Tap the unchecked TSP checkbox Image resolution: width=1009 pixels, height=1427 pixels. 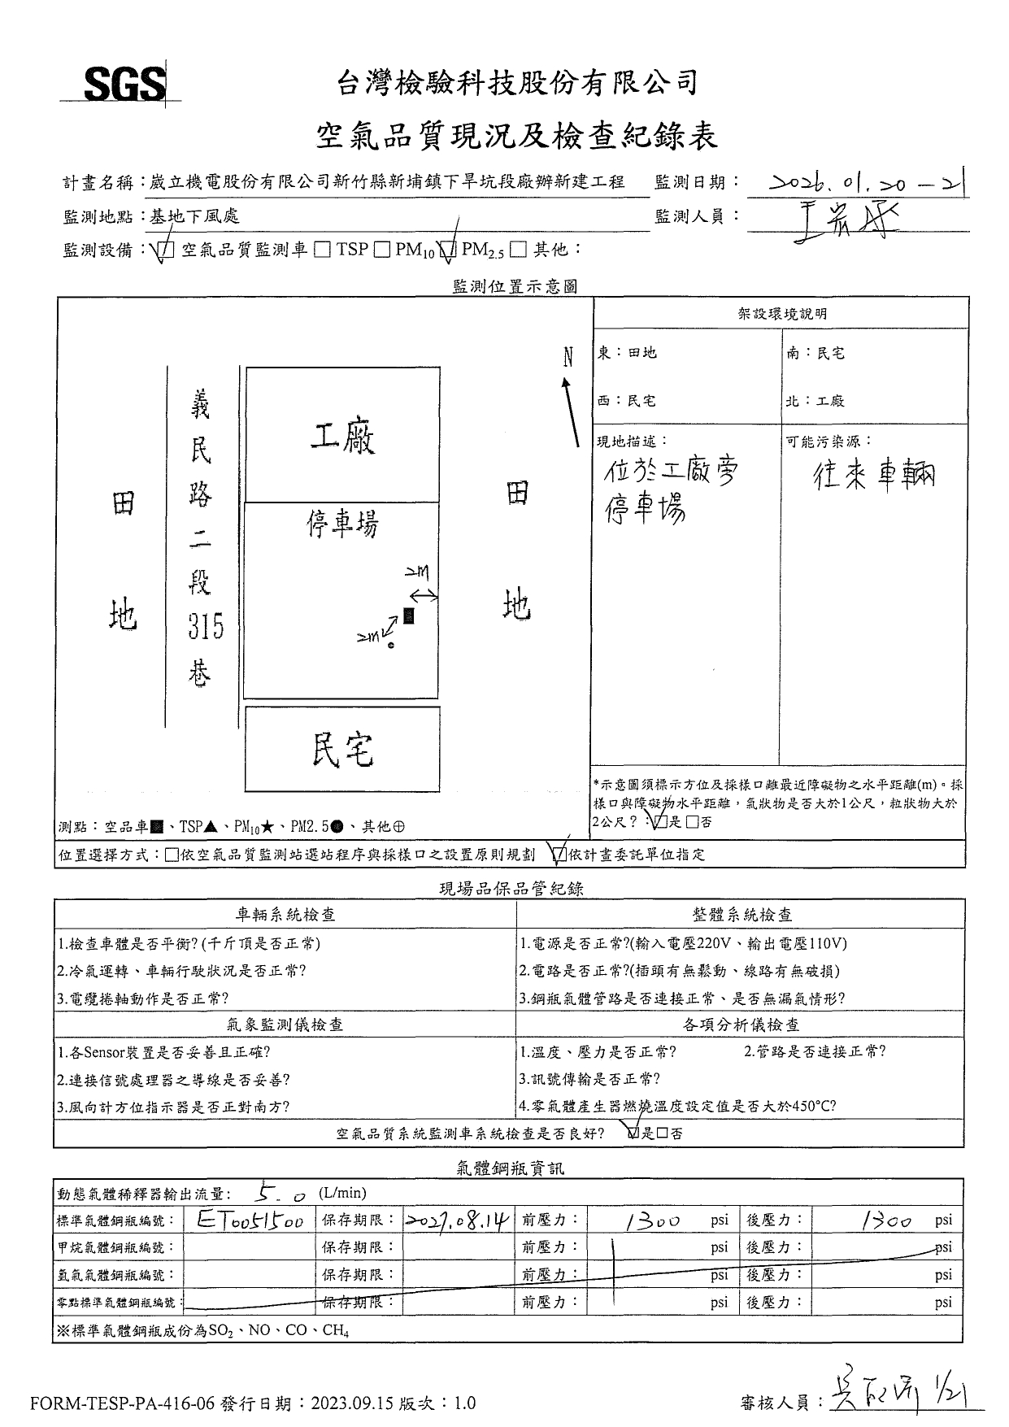point(322,250)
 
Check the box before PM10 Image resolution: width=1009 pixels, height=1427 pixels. point(381,250)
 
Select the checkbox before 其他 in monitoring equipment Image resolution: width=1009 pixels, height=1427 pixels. point(518,250)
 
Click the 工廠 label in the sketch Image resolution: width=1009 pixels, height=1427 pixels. point(342,439)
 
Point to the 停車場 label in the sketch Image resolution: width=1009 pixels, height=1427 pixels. point(342,524)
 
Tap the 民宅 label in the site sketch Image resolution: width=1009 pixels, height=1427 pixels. point(342,750)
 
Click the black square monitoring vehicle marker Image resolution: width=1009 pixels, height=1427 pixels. point(409,616)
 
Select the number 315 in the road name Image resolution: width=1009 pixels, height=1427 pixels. point(206,627)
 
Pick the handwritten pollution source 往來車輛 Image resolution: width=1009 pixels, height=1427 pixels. point(874,475)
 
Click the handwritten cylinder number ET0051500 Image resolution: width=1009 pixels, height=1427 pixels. point(250,1220)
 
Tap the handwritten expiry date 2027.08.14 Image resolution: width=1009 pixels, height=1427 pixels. point(458,1220)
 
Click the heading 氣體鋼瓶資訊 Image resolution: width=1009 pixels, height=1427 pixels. point(510,1168)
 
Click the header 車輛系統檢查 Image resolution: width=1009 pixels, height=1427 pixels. point(285,915)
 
